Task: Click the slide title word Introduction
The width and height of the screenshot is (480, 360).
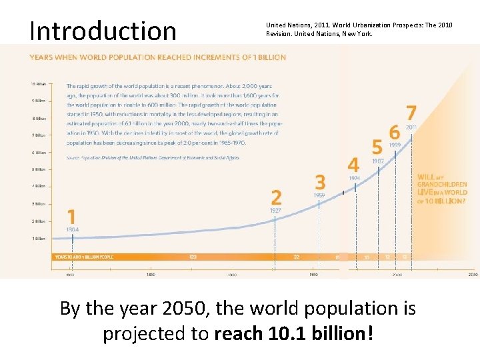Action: [x=103, y=31]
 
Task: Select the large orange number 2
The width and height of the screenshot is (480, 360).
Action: [x=276, y=197]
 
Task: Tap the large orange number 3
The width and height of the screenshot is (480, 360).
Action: [x=321, y=182]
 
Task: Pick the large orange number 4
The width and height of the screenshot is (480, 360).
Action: [x=353, y=164]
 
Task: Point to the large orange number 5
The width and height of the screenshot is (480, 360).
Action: [x=377, y=147]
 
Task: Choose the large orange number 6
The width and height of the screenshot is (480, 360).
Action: [x=395, y=131]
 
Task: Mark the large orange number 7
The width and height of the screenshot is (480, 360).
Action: [x=411, y=113]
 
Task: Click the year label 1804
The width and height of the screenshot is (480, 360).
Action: [x=73, y=229]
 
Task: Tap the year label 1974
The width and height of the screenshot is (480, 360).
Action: [x=354, y=178]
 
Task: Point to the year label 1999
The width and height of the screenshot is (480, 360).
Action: [x=395, y=145]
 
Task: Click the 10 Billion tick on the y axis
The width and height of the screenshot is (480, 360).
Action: [x=38, y=85]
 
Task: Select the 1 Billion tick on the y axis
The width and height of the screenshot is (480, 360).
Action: [x=38, y=238]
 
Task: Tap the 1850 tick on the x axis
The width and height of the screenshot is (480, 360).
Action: [x=151, y=274]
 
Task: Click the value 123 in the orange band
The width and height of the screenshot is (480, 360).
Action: [x=193, y=257]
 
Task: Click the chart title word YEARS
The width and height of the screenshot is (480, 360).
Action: [x=41, y=57]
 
